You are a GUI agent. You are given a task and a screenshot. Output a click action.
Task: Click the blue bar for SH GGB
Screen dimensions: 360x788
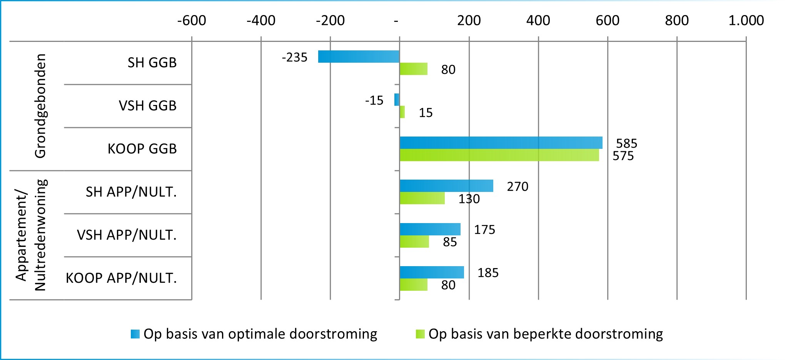(x=359, y=57)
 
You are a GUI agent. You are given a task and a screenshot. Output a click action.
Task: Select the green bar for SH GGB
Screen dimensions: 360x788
(x=414, y=69)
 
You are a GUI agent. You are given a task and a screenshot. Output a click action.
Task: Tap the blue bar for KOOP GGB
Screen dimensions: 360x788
(x=501, y=143)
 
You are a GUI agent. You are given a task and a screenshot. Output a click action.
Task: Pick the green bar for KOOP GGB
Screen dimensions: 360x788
(x=499, y=155)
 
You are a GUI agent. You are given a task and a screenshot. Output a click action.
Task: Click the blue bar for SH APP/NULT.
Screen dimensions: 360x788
(x=446, y=186)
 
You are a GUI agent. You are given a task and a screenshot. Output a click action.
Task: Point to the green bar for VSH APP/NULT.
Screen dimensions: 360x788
(x=414, y=242)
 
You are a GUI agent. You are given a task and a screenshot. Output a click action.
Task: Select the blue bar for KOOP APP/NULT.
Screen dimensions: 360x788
(x=432, y=272)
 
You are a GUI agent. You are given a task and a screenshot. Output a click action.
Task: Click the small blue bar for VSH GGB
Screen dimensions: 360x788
(x=397, y=100)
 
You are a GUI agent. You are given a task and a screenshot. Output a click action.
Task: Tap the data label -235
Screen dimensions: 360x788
(x=295, y=58)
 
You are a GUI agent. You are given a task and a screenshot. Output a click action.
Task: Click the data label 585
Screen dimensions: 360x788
(x=627, y=143)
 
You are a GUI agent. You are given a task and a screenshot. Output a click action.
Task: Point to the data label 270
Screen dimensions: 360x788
(x=518, y=187)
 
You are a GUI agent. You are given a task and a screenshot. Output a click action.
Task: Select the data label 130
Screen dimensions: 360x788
(x=469, y=199)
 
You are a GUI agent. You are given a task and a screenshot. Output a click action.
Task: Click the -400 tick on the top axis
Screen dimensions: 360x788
(x=261, y=20)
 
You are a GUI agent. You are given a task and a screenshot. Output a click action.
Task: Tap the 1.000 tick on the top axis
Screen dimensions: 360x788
(x=746, y=20)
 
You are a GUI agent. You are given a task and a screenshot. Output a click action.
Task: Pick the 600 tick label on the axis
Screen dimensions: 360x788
(x=608, y=20)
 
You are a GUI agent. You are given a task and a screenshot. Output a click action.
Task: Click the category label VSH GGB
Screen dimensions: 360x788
(x=148, y=106)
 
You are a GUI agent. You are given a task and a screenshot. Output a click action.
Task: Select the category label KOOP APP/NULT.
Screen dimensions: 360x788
(x=121, y=278)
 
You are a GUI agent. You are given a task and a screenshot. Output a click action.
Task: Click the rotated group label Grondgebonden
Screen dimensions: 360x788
(x=40, y=106)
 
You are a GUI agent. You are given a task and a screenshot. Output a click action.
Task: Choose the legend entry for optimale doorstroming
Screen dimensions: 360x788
(x=254, y=334)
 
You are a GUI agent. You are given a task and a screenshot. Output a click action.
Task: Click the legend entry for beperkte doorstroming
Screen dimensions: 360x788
(x=540, y=334)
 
